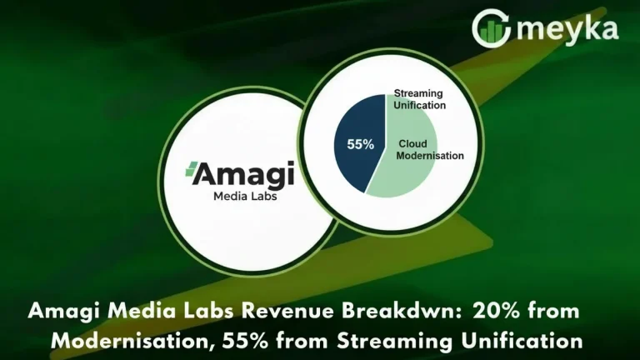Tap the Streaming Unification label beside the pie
(420, 101)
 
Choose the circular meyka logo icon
(492, 28)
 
